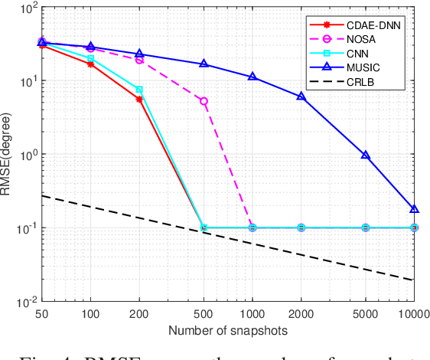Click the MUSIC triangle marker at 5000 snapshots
(366, 155)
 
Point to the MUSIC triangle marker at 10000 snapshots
(414, 209)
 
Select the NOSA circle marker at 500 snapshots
(204, 101)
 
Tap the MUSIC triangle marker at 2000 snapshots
(301, 97)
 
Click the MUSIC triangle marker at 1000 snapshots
(252, 77)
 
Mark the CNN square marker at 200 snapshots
(139, 90)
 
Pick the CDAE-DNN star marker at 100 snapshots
(91, 64)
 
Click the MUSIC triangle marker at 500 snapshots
(204, 64)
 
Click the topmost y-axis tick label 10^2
(28, 9)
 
